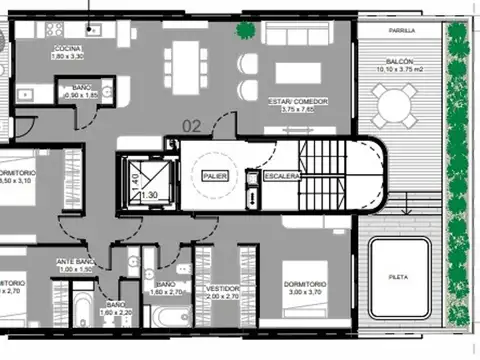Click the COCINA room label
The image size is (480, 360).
69,48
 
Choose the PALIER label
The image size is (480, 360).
215,176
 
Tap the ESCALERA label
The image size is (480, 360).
282,176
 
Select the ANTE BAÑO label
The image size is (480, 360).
74,262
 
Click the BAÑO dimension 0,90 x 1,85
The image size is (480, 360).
83,95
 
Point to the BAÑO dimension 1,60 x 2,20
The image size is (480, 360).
115,313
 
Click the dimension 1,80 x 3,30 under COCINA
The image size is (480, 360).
69,56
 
